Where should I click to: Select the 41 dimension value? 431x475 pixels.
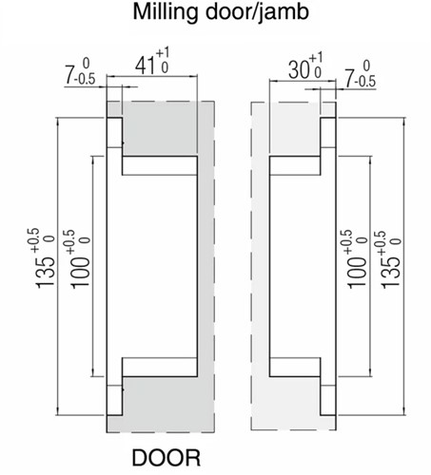[x=146, y=66]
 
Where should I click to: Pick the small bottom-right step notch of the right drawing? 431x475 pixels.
[x=327, y=399]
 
